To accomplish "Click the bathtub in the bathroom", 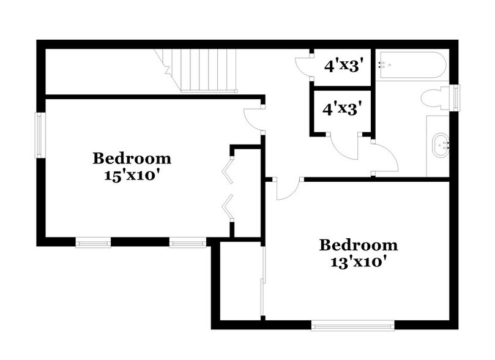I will [411, 66].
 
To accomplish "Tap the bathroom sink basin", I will [441, 145].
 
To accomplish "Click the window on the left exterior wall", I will [40, 135].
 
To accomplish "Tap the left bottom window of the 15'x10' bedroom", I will [93, 242].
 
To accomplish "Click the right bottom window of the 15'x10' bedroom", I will [187, 242].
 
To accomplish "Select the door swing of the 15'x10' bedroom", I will [252, 119].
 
